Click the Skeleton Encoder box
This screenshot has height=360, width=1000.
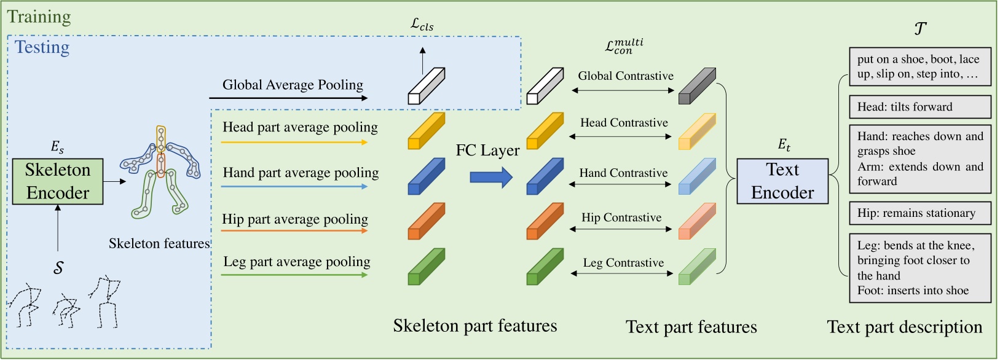pos(58,181)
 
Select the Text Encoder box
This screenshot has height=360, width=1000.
pos(782,181)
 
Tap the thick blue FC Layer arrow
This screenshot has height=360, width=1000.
pos(490,178)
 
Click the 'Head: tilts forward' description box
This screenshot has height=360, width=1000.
pos(919,107)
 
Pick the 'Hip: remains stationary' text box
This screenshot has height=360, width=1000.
pos(919,213)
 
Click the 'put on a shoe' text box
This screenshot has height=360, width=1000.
pos(919,66)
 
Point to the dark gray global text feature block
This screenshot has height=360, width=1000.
pos(696,87)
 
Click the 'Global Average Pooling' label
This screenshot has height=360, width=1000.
pos(293,85)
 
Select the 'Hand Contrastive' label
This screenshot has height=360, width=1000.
pos(623,173)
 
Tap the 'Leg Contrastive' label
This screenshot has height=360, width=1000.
pos(623,263)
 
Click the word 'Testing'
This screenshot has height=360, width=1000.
pos(42,47)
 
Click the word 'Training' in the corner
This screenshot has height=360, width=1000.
pos(39,17)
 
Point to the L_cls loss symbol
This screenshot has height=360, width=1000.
pos(422,25)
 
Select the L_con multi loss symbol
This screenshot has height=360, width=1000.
pos(623,46)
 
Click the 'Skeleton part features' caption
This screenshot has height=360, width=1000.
pos(474,326)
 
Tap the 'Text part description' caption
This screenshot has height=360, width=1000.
pos(904,327)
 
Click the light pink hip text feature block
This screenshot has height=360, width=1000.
pos(696,221)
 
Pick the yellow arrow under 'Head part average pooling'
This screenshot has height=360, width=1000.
pos(294,142)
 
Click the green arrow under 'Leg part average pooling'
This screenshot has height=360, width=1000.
pos(294,275)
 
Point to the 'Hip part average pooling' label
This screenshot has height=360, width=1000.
pos(295,219)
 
